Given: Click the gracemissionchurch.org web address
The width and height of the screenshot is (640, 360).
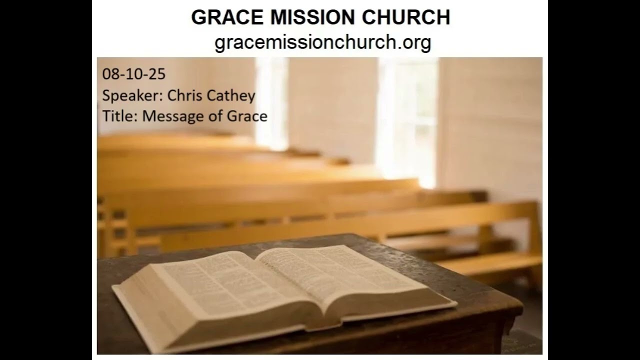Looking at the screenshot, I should pyautogui.click(x=322, y=42).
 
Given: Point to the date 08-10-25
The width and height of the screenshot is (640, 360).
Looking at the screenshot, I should pyautogui.click(x=133, y=74).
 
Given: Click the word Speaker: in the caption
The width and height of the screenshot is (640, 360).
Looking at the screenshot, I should pyautogui.click(x=132, y=95).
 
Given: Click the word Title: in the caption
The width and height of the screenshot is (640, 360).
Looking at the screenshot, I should pyautogui.click(x=120, y=116).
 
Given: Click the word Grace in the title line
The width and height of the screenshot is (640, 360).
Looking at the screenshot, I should pyautogui.click(x=248, y=116).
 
